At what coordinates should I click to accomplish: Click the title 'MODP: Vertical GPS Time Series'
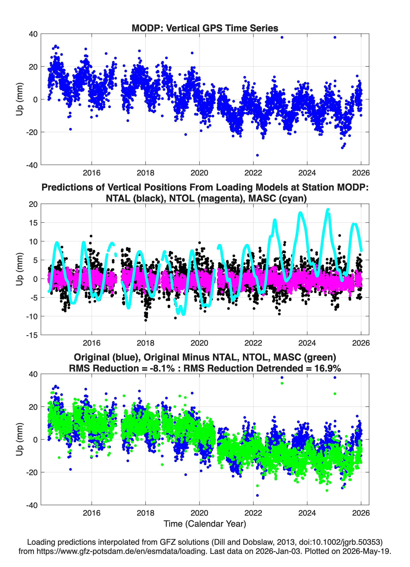coord(205,28)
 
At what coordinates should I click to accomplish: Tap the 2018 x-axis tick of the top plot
coord(145,173)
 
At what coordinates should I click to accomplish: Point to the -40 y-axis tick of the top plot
coord(32,165)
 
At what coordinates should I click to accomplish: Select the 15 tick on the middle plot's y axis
coord(33,222)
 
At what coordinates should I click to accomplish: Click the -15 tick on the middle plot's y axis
coord(32,335)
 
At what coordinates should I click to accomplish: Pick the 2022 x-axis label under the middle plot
coord(253,343)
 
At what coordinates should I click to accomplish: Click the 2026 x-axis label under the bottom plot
coord(361,513)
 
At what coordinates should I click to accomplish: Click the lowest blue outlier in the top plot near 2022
coord(257,155)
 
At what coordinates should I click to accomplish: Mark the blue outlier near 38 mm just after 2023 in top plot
coord(282,37)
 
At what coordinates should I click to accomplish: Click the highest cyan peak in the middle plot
coord(328,210)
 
